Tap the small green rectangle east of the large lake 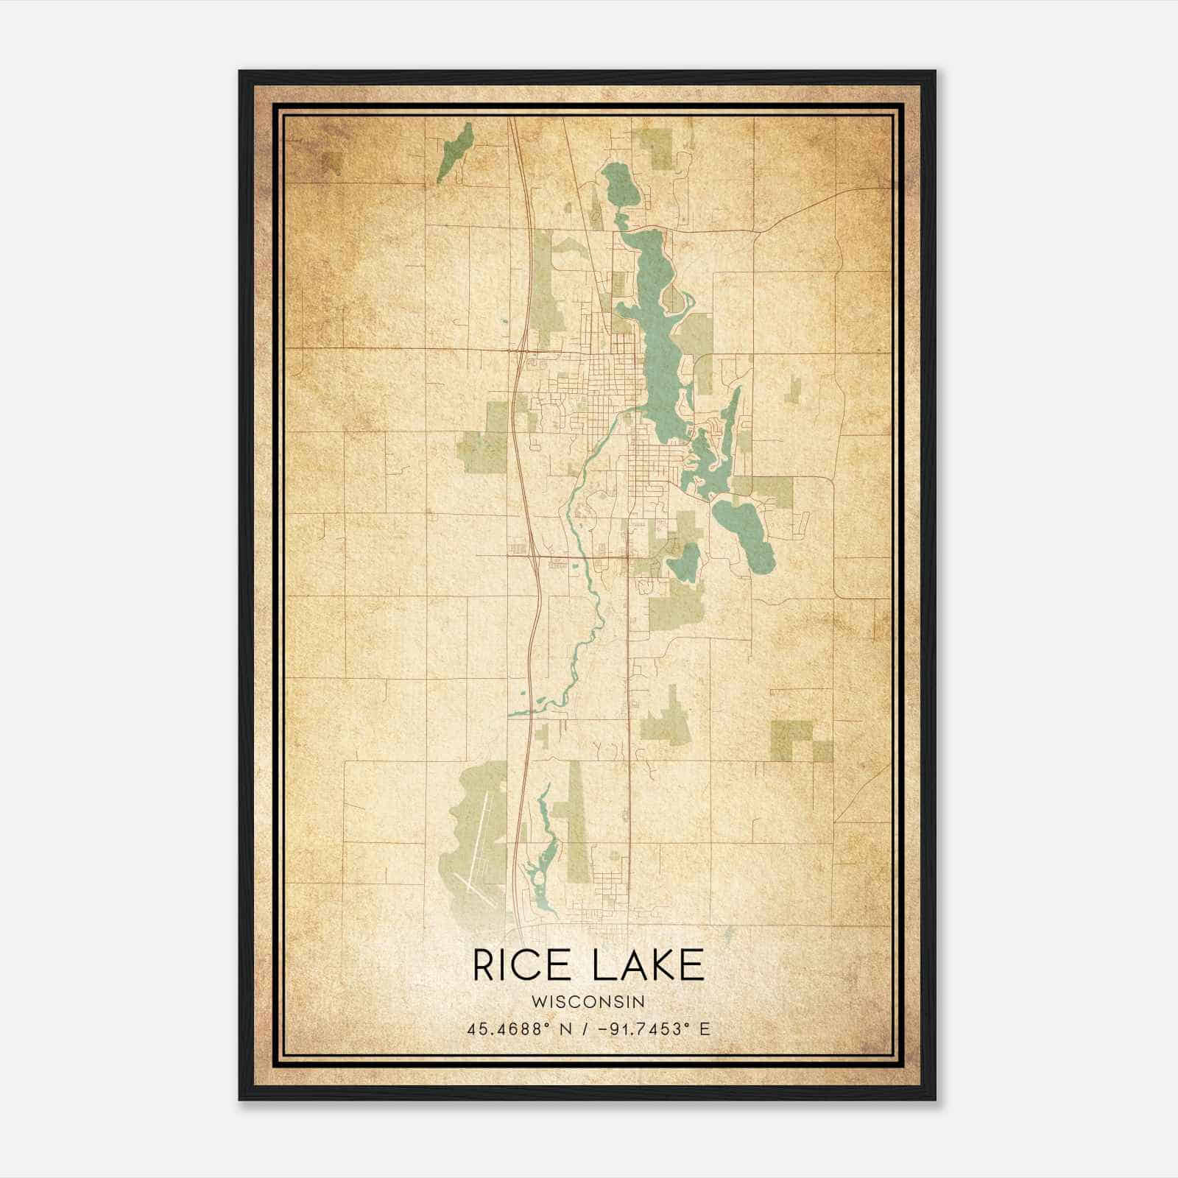[794, 389]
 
